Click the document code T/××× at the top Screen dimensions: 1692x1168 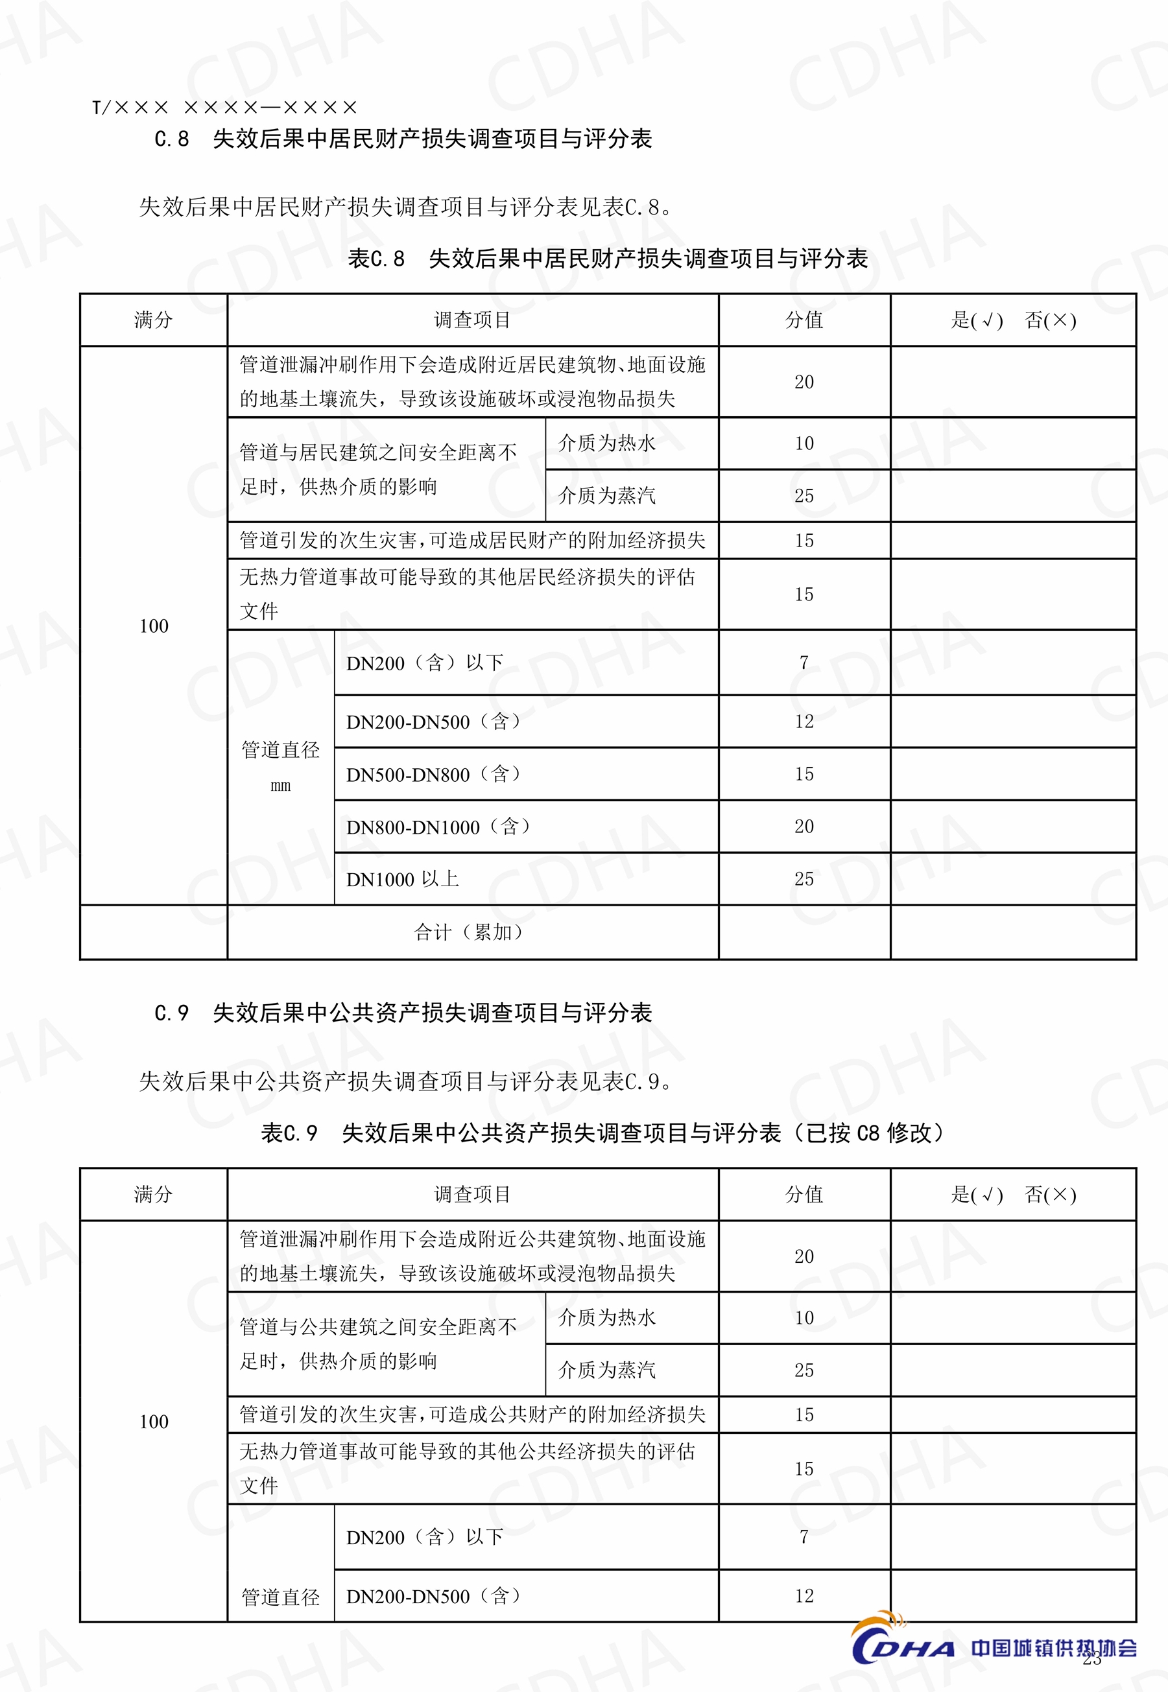tap(130, 108)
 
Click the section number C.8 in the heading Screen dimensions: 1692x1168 tap(171, 139)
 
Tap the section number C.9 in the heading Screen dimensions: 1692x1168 tap(171, 1013)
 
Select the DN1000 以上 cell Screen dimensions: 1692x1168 tap(403, 879)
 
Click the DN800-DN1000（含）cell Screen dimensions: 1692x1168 tap(438, 827)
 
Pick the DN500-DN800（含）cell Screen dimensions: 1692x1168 tap(433, 774)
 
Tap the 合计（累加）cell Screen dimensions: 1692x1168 tap(469, 932)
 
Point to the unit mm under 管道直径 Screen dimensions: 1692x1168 tap(280, 786)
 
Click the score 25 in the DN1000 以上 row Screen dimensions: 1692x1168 tap(804, 879)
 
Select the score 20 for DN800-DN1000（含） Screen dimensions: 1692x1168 tap(804, 827)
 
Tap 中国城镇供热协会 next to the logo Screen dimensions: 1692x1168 tap(1054, 1647)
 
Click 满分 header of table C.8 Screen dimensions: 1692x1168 tap(153, 320)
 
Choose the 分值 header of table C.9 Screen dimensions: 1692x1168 tap(804, 1195)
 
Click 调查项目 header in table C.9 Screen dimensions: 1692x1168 tap(472, 1195)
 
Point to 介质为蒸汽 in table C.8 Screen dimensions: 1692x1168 tap(606, 496)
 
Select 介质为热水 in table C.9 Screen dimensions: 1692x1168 tap(606, 1317)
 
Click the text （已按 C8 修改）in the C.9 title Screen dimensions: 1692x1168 tap(871, 1133)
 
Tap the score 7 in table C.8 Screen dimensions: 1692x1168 tap(804, 663)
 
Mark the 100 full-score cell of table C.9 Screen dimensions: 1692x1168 tap(154, 1421)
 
